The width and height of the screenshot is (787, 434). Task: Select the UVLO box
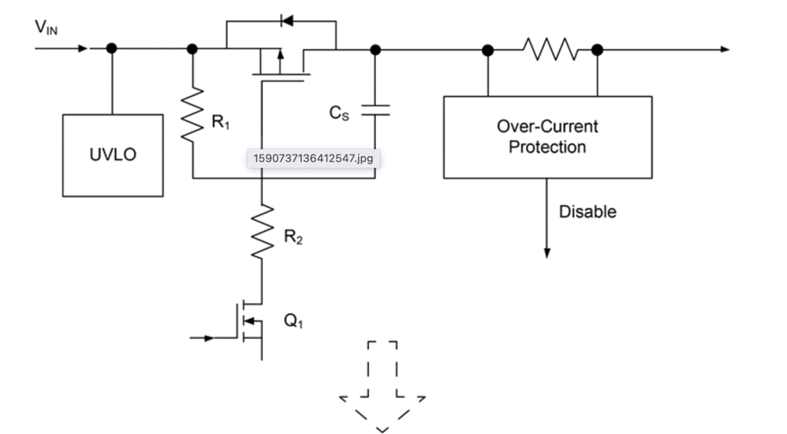tap(113, 155)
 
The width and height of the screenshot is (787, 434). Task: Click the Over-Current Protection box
tap(547, 137)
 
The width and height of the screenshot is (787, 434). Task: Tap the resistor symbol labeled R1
tap(192, 114)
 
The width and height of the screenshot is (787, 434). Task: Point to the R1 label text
tap(221, 121)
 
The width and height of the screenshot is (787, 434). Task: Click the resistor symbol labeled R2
tap(262, 230)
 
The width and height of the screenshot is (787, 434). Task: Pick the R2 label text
tap(294, 238)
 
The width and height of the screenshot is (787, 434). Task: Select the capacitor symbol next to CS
tap(375, 111)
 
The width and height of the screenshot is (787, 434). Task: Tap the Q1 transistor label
tap(294, 322)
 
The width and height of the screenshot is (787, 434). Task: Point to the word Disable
tap(587, 211)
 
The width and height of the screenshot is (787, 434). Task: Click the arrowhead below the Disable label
tap(547, 252)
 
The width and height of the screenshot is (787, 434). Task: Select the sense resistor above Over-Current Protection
tap(550, 49)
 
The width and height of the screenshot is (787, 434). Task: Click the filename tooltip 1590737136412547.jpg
tap(313, 159)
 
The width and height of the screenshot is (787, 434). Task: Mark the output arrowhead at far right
tap(724, 49)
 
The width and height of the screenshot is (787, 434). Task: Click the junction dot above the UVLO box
tap(112, 48)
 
